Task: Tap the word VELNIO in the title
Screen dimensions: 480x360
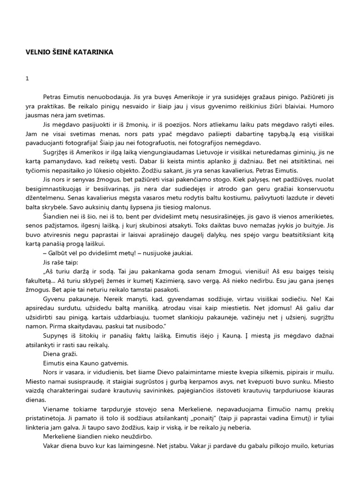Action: click(37, 52)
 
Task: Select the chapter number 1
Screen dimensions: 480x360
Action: click(27, 79)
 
